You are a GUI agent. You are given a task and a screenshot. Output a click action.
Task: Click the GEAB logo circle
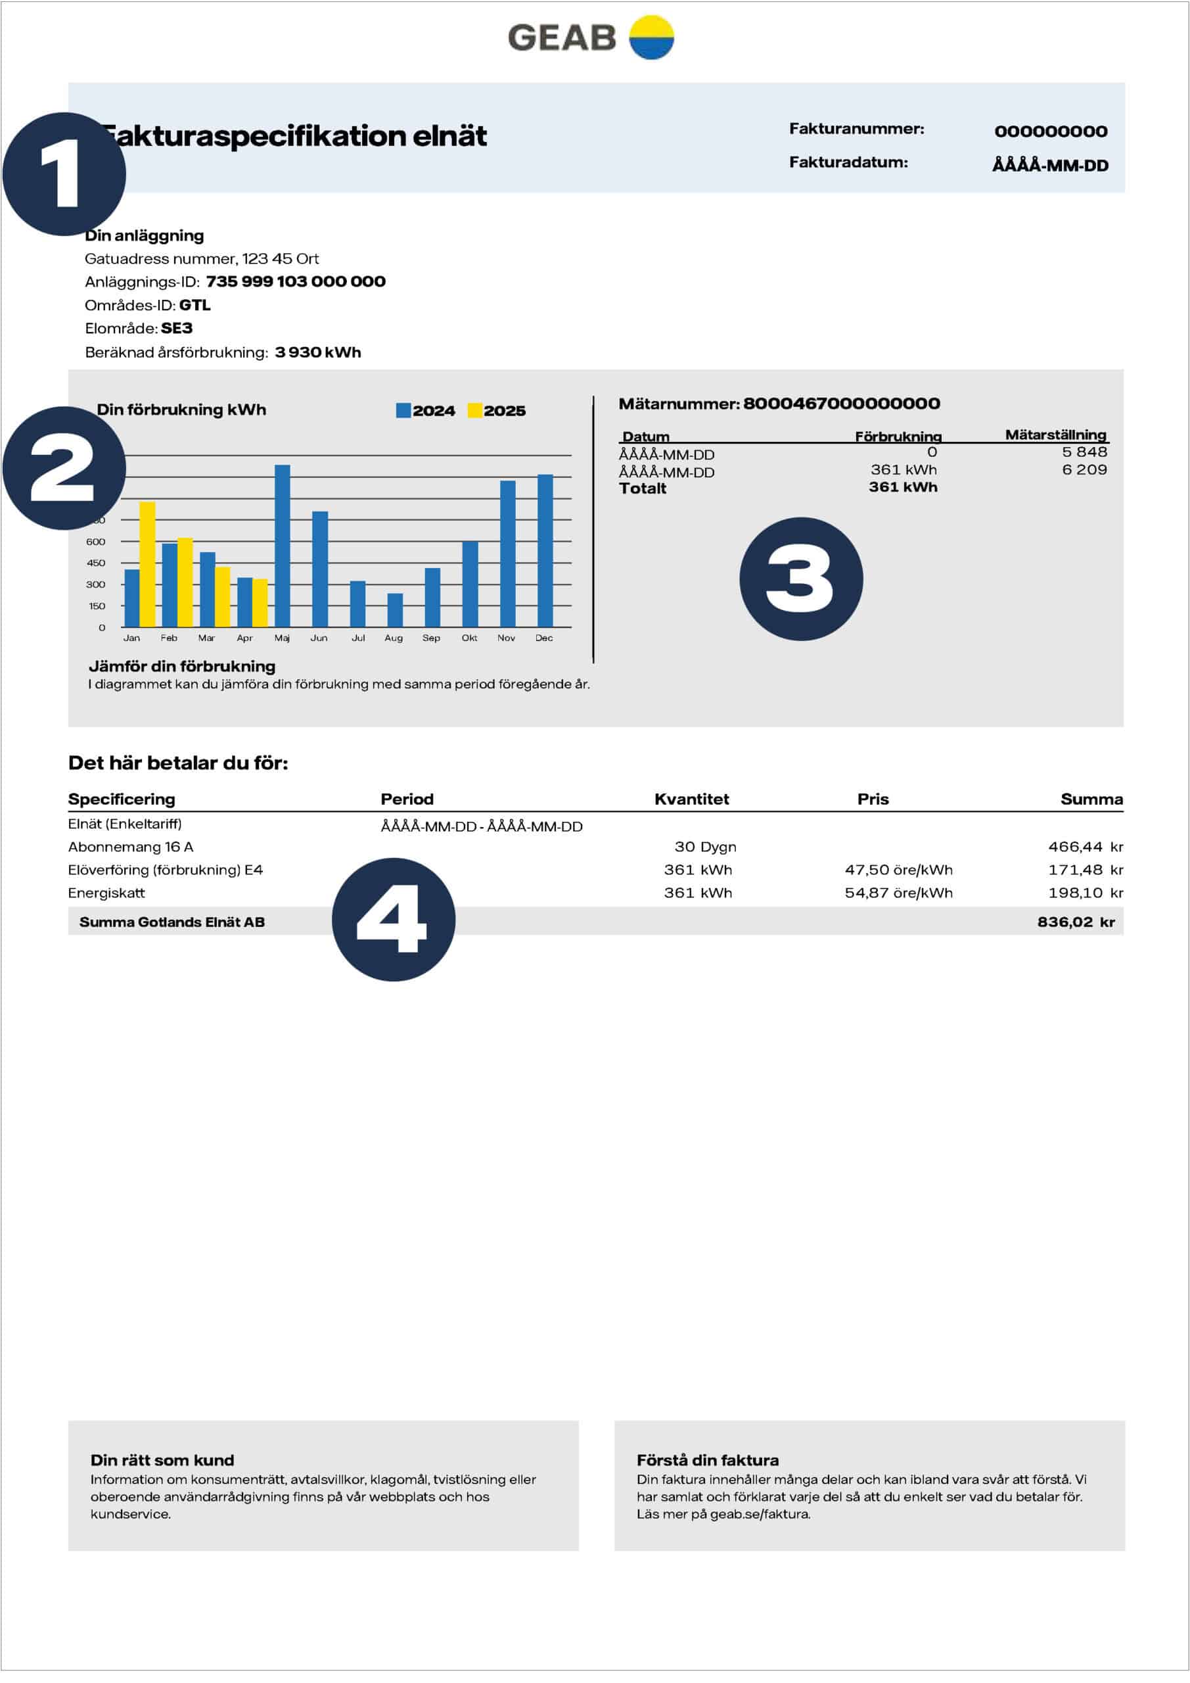(x=651, y=37)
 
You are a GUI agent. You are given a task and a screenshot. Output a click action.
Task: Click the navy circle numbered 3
(x=801, y=579)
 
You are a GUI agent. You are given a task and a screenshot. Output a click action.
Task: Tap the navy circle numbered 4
(x=394, y=919)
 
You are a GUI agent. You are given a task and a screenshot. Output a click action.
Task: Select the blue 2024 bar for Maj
(x=282, y=546)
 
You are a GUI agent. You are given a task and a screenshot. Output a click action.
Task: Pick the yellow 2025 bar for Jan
(x=147, y=565)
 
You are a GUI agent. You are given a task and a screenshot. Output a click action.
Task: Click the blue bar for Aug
(x=395, y=610)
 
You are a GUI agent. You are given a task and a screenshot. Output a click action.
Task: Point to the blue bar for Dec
(x=545, y=550)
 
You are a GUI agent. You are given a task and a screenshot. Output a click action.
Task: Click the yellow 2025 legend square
(x=475, y=410)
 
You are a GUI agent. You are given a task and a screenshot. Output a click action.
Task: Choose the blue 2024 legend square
(x=403, y=410)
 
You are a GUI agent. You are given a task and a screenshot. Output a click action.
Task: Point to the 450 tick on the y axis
(x=96, y=563)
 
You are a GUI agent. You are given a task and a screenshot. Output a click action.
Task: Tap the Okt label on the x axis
(x=470, y=638)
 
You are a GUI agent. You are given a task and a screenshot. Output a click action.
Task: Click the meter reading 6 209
(x=1084, y=470)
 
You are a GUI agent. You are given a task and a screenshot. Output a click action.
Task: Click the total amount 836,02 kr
(x=1076, y=922)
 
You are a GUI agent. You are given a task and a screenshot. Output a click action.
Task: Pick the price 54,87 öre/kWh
(x=898, y=893)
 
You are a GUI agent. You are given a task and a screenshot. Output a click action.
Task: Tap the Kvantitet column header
(x=691, y=799)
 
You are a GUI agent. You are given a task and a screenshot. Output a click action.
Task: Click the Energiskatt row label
(x=106, y=893)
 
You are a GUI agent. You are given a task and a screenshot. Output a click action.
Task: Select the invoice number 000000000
(x=1051, y=131)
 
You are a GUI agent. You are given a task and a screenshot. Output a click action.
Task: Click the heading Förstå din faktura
(x=707, y=1460)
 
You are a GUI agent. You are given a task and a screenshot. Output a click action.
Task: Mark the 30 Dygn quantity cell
(x=705, y=847)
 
